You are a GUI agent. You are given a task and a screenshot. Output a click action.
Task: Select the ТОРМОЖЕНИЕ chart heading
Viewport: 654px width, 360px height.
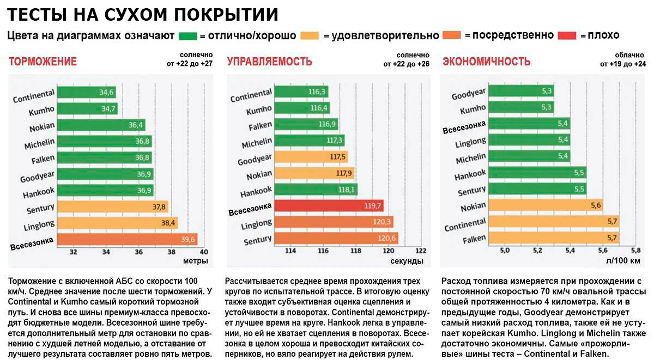[x=43, y=62]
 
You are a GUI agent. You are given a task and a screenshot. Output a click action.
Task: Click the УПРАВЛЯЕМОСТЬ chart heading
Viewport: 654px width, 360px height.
[x=269, y=62]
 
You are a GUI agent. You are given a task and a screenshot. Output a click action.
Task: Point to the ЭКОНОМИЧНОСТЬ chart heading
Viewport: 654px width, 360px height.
[x=486, y=62]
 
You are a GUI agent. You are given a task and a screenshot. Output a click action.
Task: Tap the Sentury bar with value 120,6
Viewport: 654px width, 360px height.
[x=336, y=239]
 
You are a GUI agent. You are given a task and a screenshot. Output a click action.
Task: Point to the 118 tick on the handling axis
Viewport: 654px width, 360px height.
[x=356, y=251]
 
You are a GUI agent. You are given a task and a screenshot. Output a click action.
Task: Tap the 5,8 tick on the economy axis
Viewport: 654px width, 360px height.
[x=635, y=251]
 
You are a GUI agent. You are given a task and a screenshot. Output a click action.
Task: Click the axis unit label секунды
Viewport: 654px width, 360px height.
[x=407, y=261]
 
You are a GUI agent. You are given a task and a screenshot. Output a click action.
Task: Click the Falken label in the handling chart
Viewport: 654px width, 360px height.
[x=260, y=126]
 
